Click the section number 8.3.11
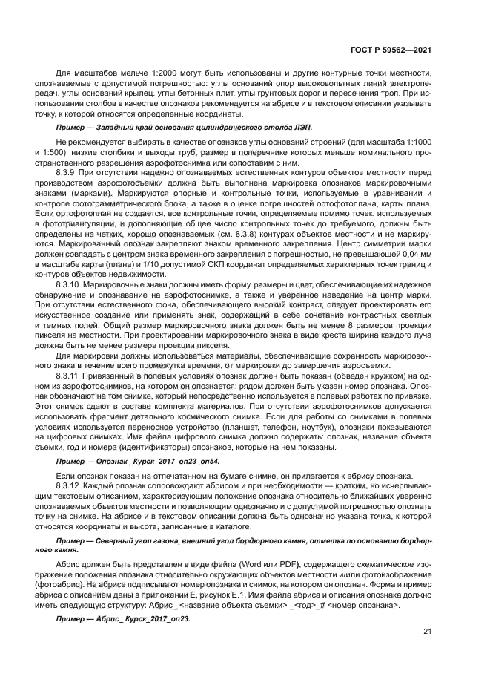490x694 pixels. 68,376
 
